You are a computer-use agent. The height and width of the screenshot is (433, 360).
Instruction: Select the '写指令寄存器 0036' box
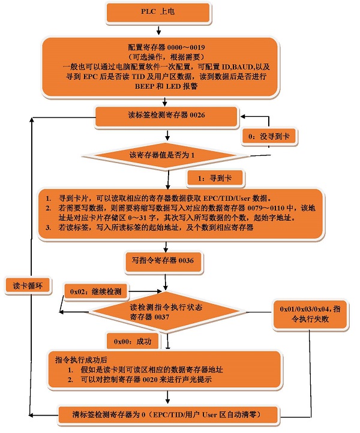[163, 260]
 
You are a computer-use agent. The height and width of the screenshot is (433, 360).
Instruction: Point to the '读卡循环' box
[29, 285]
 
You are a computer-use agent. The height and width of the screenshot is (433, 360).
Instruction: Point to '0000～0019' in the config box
[188, 47]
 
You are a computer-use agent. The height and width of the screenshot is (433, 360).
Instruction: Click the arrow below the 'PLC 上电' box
[158, 29]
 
